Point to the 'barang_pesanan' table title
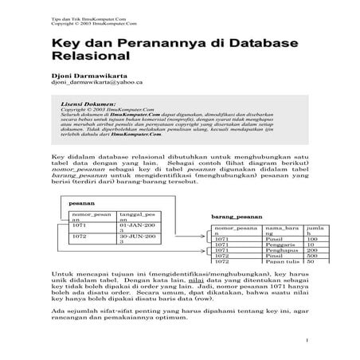pos(237,217)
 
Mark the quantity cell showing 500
pos(312,256)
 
